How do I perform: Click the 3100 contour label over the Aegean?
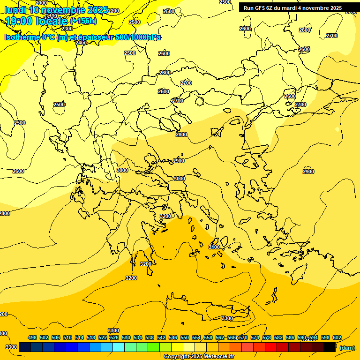pyautogui.click(x=214, y=247)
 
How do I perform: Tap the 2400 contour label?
pyautogui.click(x=81, y=43)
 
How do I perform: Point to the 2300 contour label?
pyautogui.click(x=67, y=29)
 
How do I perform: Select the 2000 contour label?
pyautogui.click(x=41, y=3)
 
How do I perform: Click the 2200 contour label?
pyautogui.click(x=113, y=11)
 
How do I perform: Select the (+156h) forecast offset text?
pyautogui.click(x=83, y=21)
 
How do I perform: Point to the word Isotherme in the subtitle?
pyautogui.click(x=22, y=37)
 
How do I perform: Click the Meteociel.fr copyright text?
pyautogui.click(x=199, y=356)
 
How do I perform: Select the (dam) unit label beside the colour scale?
pyautogui.click(x=347, y=347)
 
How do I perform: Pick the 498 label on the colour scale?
pyautogui.click(x=32, y=337)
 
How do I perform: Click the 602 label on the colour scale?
pyautogui.click(x=337, y=337)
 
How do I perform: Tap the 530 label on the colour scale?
pyautogui.click(x=126, y=337)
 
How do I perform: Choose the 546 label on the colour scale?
pyautogui.click(x=173, y=337)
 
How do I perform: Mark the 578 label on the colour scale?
pyautogui.click(x=267, y=337)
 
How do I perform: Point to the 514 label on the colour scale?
pyautogui.click(x=79, y=337)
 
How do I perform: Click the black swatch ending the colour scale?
pyautogui.click(x=330, y=347)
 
